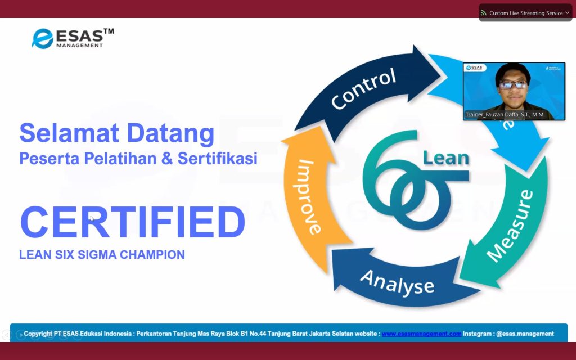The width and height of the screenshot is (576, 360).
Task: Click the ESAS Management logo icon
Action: [x=43, y=39]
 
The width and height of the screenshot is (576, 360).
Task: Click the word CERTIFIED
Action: [x=133, y=222]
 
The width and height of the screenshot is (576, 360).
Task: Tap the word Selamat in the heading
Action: [x=69, y=133]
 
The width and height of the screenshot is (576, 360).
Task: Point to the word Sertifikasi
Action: [x=218, y=158]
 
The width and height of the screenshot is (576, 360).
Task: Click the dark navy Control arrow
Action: [x=367, y=90]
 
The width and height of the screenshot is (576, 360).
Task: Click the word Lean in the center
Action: [x=446, y=158]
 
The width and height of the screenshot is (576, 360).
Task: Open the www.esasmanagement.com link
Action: [x=421, y=334]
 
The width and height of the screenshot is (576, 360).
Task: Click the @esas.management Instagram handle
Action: [x=525, y=334]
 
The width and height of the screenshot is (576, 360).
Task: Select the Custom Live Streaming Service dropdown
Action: [x=525, y=13]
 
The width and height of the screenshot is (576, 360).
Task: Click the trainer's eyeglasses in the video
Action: [x=513, y=85]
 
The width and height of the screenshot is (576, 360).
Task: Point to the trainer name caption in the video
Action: [x=505, y=115]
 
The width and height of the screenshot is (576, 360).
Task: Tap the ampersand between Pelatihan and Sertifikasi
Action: [x=166, y=158]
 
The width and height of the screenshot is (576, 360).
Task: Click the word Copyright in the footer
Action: [x=38, y=334]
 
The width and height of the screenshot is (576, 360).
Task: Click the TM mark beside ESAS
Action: [x=109, y=31]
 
